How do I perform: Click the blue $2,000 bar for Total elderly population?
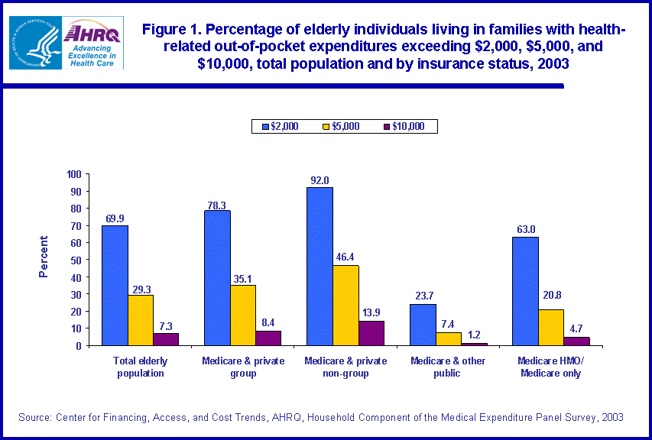[x=115, y=285]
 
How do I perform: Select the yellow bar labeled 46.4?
[x=345, y=305]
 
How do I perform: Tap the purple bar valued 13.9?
[x=371, y=333]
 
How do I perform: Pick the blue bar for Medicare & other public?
[x=423, y=325]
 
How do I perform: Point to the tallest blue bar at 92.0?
[x=320, y=266]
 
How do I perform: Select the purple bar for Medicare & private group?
[x=268, y=338]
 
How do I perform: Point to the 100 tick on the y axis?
[x=73, y=174]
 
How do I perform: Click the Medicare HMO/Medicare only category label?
[x=550, y=367]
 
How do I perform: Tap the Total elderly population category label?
[x=140, y=367]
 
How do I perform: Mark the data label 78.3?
[x=217, y=202]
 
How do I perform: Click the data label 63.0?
[x=525, y=228]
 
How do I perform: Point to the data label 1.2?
[x=475, y=335]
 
